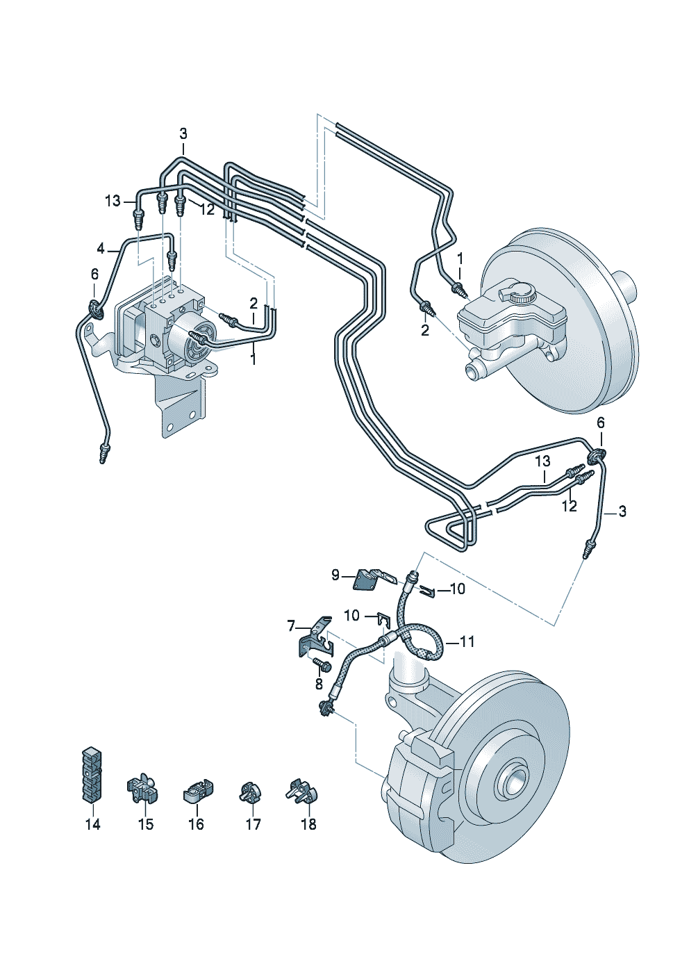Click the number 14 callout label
click(92, 824)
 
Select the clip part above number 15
click(142, 789)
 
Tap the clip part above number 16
click(198, 791)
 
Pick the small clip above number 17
click(250, 792)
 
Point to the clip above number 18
click(302, 791)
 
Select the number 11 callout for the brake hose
click(467, 641)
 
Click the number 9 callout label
click(335, 575)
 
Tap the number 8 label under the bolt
click(319, 684)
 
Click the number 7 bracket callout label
click(291, 626)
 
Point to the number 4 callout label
click(101, 248)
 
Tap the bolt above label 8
click(322, 665)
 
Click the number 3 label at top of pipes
click(183, 133)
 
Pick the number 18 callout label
click(308, 824)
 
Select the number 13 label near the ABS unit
click(113, 201)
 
